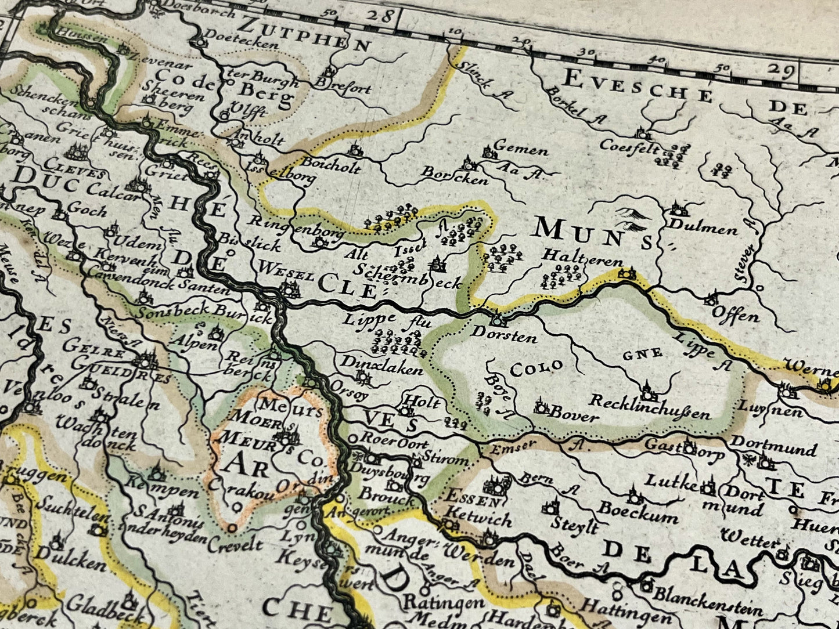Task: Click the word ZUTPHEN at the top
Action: tap(304, 36)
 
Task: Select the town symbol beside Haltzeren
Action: tap(626, 273)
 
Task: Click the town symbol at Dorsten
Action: tap(496, 320)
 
